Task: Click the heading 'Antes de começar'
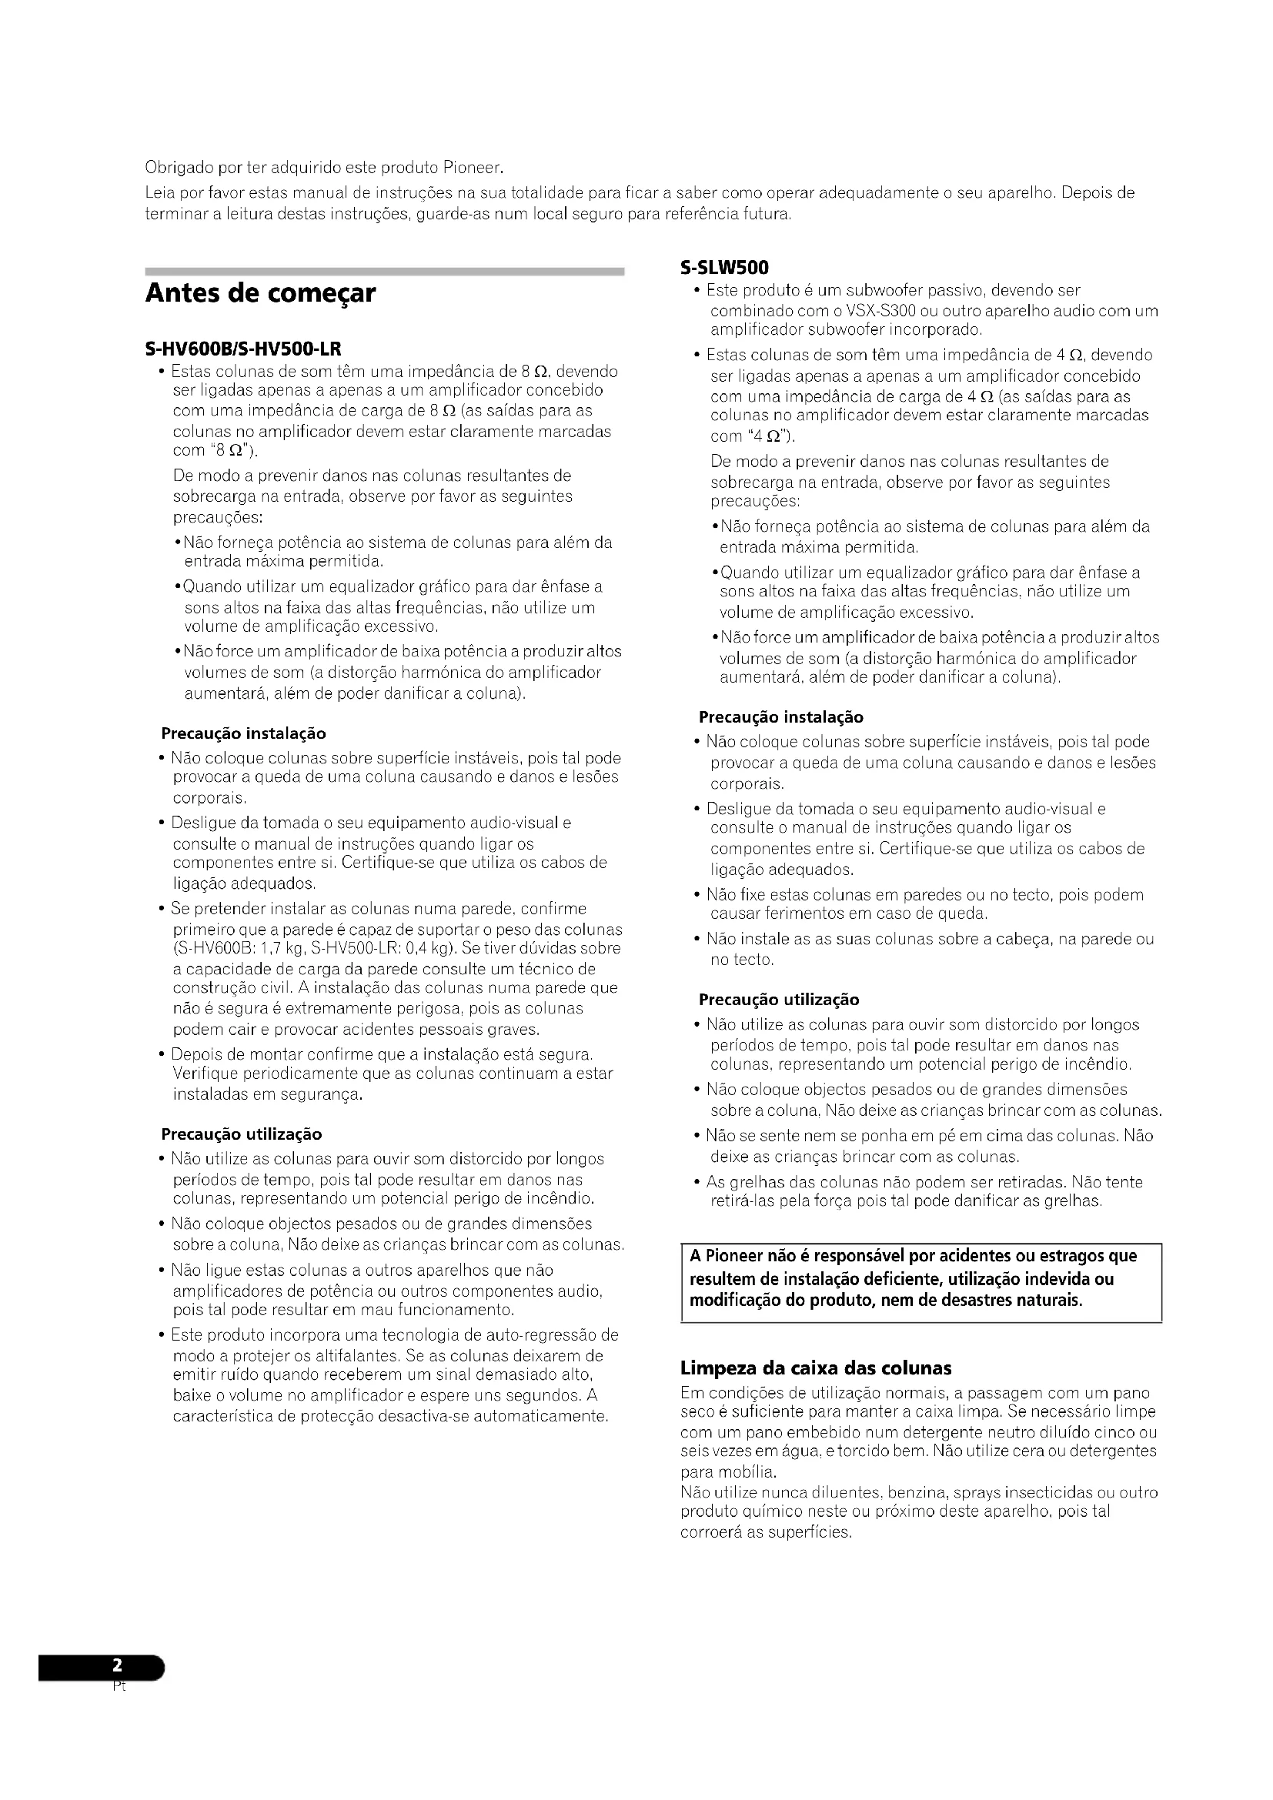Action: [260, 294]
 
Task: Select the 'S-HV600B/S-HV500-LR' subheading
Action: [243, 348]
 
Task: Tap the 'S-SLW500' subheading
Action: [724, 268]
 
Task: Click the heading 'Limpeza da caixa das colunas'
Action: [816, 1368]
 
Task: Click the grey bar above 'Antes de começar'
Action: [384, 271]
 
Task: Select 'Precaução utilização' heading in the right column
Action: [778, 1000]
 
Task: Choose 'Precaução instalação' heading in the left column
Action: [243, 734]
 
